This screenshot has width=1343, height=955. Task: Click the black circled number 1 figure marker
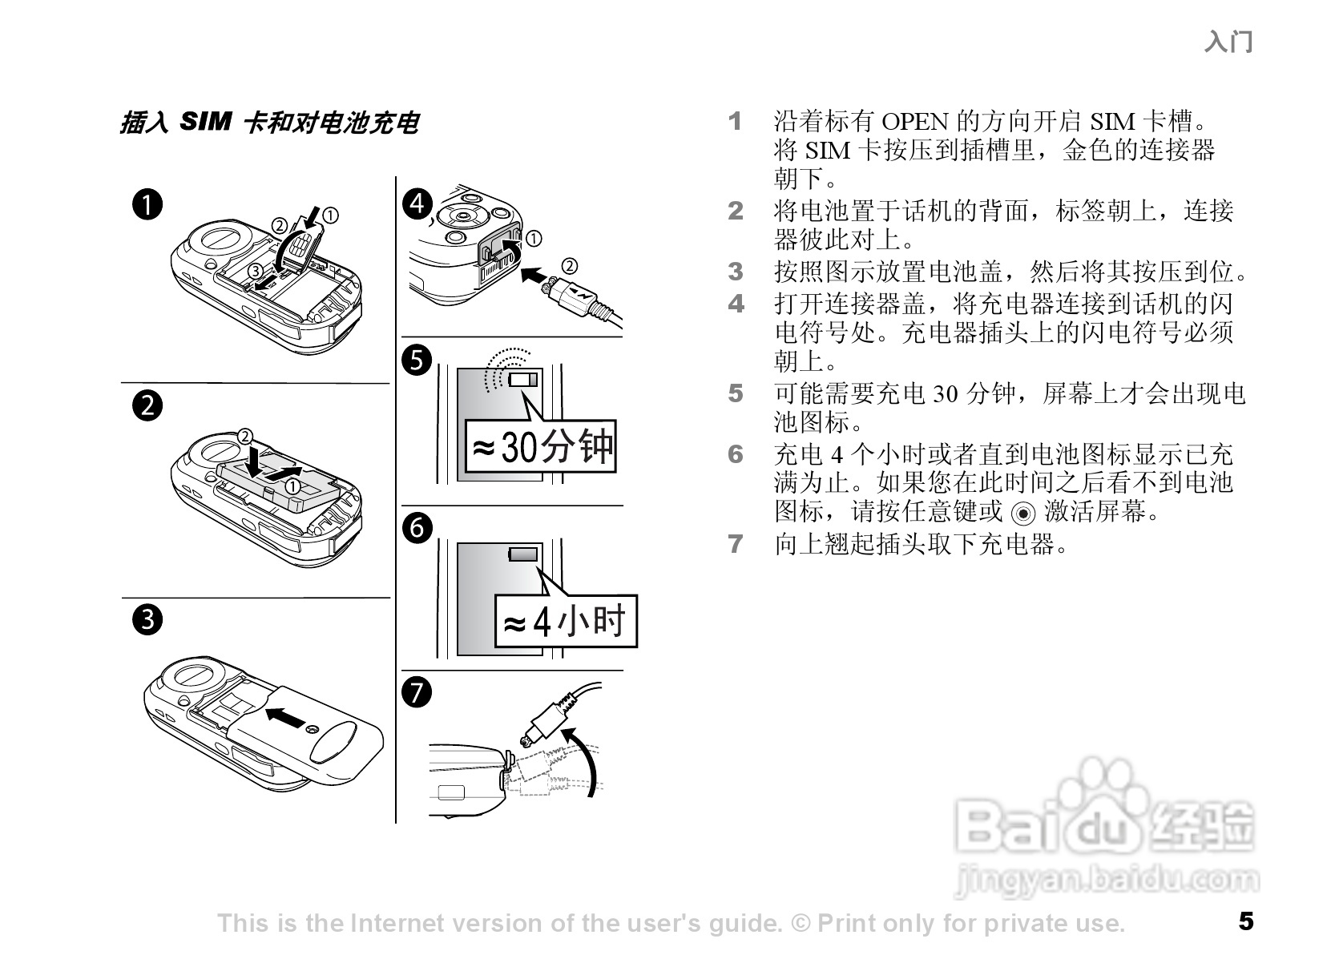148,205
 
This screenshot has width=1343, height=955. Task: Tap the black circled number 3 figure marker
148,620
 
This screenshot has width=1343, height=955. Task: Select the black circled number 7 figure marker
417,692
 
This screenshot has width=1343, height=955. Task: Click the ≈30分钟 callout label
541,447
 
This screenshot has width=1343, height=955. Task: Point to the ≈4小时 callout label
565,622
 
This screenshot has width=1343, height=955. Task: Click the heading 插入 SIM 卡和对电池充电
269,123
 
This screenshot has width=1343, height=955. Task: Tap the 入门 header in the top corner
1228,42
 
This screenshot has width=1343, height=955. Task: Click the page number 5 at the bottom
1245,921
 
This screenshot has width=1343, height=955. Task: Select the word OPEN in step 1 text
914,122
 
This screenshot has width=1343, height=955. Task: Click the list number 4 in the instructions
736,304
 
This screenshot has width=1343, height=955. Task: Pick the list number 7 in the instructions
736,545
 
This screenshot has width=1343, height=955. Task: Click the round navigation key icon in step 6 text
1023,513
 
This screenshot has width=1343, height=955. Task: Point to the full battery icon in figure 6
526,554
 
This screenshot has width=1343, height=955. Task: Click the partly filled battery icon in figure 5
526,379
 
